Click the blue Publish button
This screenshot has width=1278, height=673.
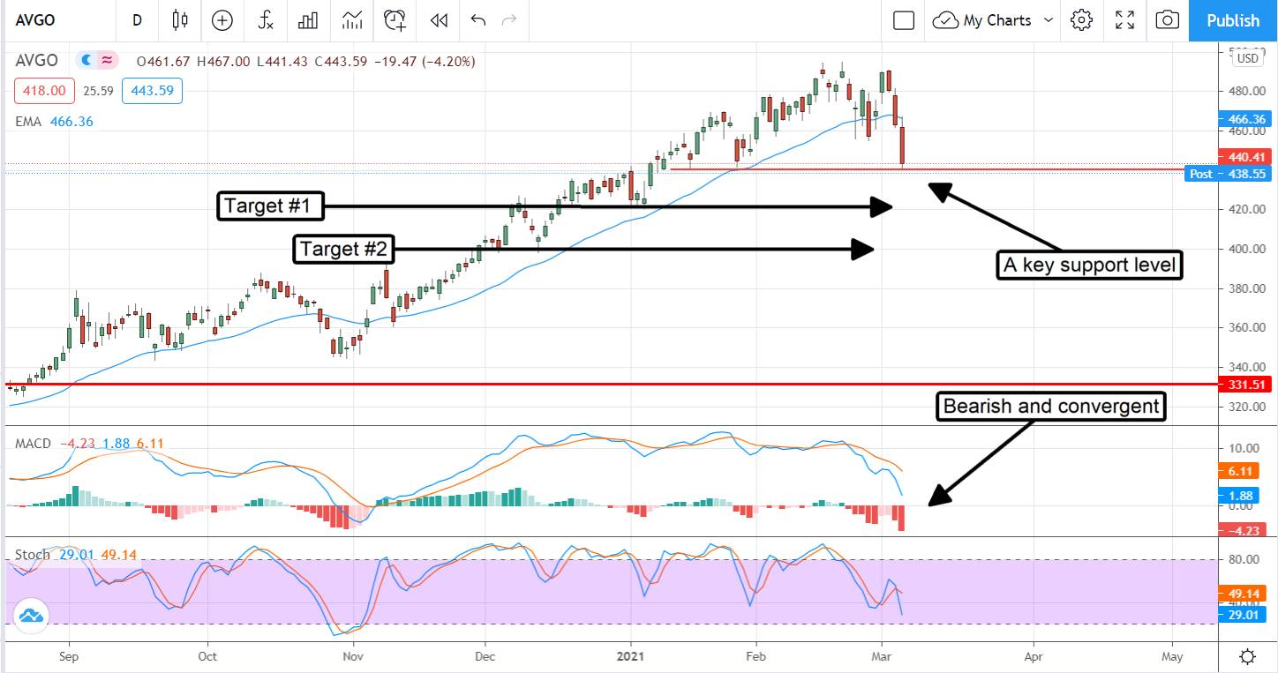coord(1232,20)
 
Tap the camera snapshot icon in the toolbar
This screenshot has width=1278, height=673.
coord(1167,20)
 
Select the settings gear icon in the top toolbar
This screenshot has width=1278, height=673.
coord(1081,20)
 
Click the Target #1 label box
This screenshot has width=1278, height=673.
coord(269,206)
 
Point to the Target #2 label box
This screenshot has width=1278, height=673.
coord(343,250)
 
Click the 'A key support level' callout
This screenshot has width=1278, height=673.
coord(1089,265)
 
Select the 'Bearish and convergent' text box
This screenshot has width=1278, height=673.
coord(1051,407)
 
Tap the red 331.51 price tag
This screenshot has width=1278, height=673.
coord(1245,385)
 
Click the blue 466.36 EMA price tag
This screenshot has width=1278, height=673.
coord(1245,118)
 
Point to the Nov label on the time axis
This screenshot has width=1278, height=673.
coord(353,656)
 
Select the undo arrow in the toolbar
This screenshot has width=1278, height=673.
coord(478,20)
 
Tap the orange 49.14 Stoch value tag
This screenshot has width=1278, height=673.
coord(1245,594)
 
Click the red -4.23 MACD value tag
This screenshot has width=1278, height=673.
coord(1245,530)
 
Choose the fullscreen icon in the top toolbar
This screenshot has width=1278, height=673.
coord(1124,20)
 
